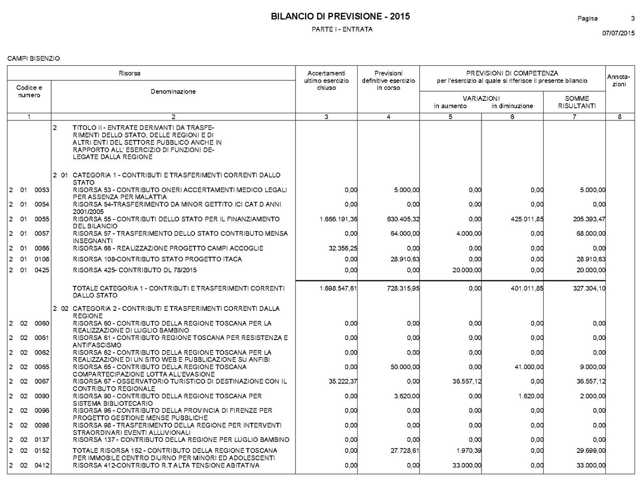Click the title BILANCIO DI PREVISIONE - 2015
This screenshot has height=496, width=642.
pos(340,17)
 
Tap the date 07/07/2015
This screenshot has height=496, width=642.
pos(618,34)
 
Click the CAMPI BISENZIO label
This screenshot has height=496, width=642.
pos(34,59)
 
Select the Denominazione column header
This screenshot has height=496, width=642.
pos(173,92)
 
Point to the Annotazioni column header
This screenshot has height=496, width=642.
pos(619,81)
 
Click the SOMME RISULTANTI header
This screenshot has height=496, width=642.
pos(576,102)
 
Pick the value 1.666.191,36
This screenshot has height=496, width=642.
pos(338,219)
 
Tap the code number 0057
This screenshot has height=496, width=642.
pos(42,234)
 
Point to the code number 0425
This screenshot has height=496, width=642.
pos(42,270)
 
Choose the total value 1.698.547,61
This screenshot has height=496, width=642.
pos(338,289)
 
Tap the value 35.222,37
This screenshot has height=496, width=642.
pos(343,382)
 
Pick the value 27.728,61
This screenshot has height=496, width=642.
pos(404,451)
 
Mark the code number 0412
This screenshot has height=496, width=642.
pos(42,466)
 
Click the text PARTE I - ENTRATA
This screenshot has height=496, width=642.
pos(342,30)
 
